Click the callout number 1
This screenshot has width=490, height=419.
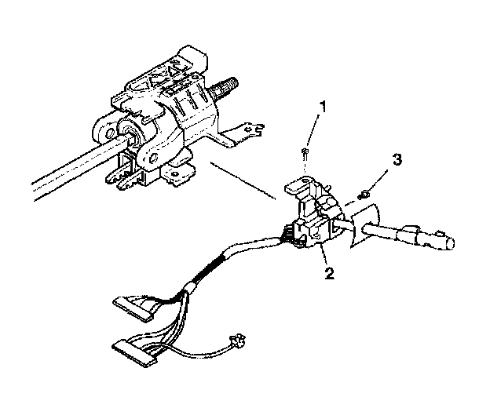tap(320, 106)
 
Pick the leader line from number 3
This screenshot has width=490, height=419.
tap(382, 177)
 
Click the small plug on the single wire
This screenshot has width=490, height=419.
tap(233, 341)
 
